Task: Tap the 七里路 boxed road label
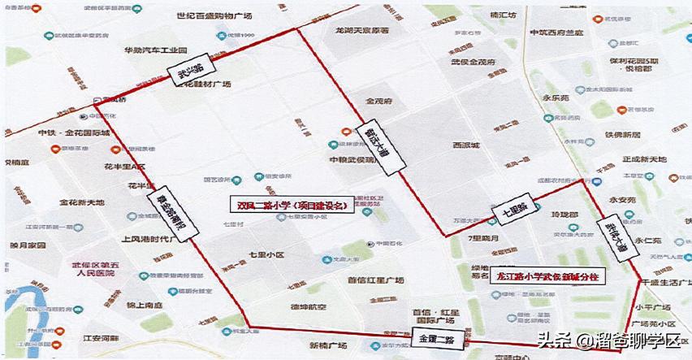click(x=510, y=212)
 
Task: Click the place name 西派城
click(x=466, y=145)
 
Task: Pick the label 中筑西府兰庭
click(x=557, y=33)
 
